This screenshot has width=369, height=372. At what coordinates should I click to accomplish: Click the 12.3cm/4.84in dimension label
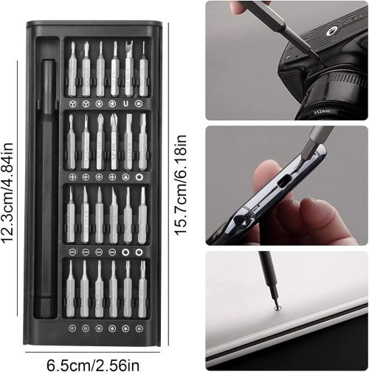coord(7,193)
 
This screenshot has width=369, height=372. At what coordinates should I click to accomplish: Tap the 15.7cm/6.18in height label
coord(181,185)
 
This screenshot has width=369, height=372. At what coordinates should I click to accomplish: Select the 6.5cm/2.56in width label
coord(93,365)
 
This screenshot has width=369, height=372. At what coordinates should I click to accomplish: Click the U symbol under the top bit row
coord(125,104)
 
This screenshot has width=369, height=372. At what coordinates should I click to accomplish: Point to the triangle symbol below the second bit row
coord(125,176)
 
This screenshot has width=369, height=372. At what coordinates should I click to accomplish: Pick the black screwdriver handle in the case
coord(46,188)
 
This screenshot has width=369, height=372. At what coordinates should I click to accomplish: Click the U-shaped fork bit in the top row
coord(129,69)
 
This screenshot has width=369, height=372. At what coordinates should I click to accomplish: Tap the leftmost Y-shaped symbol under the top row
coord(72,104)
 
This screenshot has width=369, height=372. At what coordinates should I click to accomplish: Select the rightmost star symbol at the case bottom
coord(139,328)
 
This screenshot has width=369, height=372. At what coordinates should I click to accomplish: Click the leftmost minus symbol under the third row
coord(72,252)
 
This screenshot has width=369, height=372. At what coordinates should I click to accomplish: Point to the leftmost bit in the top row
coord(72,69)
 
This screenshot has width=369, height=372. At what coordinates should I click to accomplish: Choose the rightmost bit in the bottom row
coord(142,289)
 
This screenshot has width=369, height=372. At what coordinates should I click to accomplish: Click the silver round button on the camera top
coord(331,32)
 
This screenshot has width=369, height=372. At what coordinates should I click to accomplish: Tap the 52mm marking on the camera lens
coord(323,111)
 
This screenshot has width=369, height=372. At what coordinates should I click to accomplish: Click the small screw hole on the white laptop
coord(277,308)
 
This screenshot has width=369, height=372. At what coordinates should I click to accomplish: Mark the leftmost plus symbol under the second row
coord(72,176)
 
